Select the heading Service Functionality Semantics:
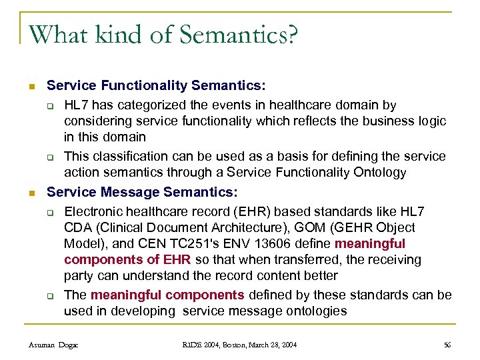pyautogui.click(x=156, y=85)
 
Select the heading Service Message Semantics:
pyautogui.click(x=141, y=192)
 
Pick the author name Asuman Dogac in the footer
pyautogui.click(x=54, y=345)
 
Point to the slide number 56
pyautogui.click(x=447, y=345)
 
